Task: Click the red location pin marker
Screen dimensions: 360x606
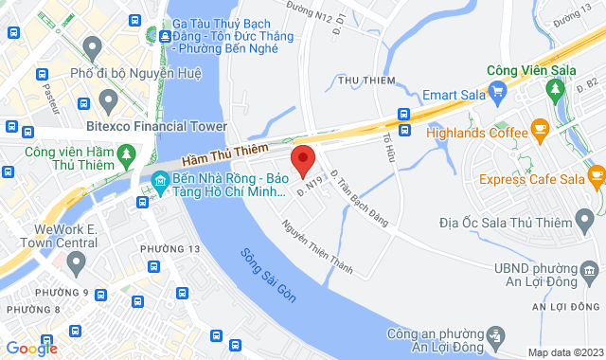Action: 302,161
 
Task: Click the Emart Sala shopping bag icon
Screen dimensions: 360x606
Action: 500,93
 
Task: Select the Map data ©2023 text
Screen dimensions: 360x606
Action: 563,352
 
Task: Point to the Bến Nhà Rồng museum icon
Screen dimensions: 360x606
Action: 160,180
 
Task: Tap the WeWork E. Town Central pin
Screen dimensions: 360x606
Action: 78,261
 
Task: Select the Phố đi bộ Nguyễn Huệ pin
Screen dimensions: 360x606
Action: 92,46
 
